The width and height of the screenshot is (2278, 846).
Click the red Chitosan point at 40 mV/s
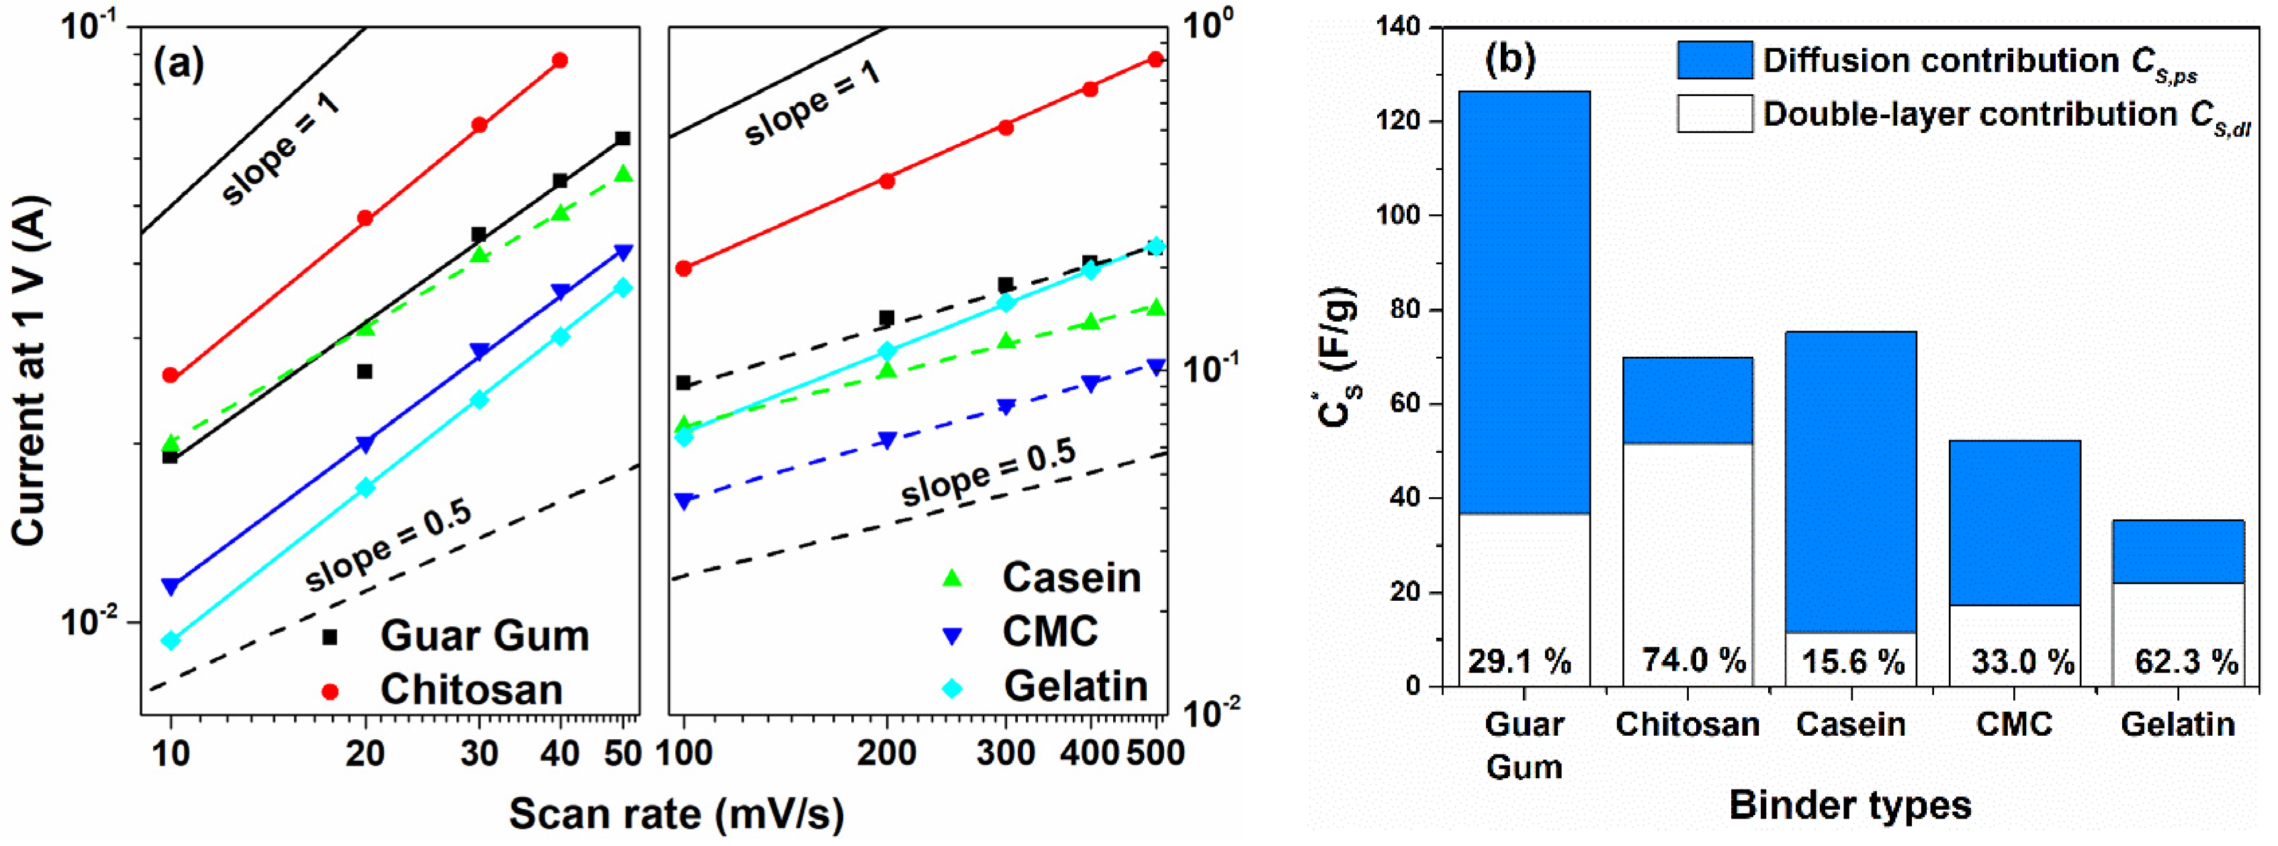pyautogui.click(x=560, y=60)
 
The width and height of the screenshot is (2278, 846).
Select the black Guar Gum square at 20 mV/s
pyautogui.click(x=364, y=372)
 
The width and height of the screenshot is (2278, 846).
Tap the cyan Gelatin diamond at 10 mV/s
pyautogui.click(x=171, y=640)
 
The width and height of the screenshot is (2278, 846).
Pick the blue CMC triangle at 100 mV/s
pyautogui.click(x=683, y=501)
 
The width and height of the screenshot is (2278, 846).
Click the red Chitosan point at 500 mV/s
pyautogui.click(x=1155, y=59)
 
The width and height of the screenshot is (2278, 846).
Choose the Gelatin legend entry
pyautogui.click(x=1074, y=686)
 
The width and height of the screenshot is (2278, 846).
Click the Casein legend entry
pyautogui.click(x=1070, y=577)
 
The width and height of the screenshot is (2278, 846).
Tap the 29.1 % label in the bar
pyautogui.click(x=1520, y=660)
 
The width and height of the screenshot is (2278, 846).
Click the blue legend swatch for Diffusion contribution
pyautogui.click(x=1714, y=60)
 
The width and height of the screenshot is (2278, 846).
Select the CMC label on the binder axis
pyautogui.click(x=2013, y=724)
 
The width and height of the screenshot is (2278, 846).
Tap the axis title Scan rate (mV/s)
pyautogui.click(x=676, y=813)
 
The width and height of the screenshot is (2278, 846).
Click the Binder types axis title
pyautogui.click(x=1850, y=805)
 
